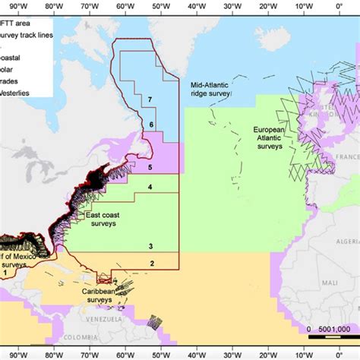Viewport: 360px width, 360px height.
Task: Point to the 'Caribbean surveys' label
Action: click(x=97, y=295)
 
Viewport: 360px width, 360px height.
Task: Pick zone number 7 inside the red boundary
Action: click(x=151, y=99)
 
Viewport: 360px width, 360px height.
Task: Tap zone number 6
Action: click(x=151, y=125)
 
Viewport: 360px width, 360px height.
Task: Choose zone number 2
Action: click(x=152, y=264)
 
